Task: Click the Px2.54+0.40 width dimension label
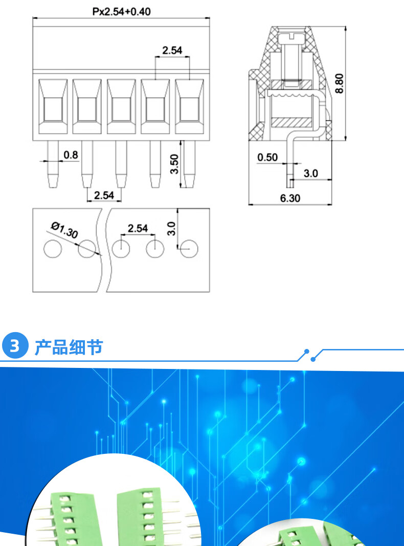tap(121, 11)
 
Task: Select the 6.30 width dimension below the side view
tap(290, 198)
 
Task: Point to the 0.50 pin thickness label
tap(267, 157)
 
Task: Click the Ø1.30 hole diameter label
tap(64, 230)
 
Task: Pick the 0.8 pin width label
tap(71, 154)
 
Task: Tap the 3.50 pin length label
tap(174, 164)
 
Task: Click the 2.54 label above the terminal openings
tap(172, 50)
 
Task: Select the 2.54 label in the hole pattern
tap(138, 228)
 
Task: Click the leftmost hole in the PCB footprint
tap(52, 249)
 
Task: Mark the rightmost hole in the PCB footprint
tap(189, 249)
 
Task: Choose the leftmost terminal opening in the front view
tap(53, 106)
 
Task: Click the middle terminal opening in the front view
tap(121, 106)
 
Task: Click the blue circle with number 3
tap(15, 346)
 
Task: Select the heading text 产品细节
tap(69, 347)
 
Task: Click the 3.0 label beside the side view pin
tap(310, 173)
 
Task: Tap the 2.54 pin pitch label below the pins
tap(104, 195)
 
